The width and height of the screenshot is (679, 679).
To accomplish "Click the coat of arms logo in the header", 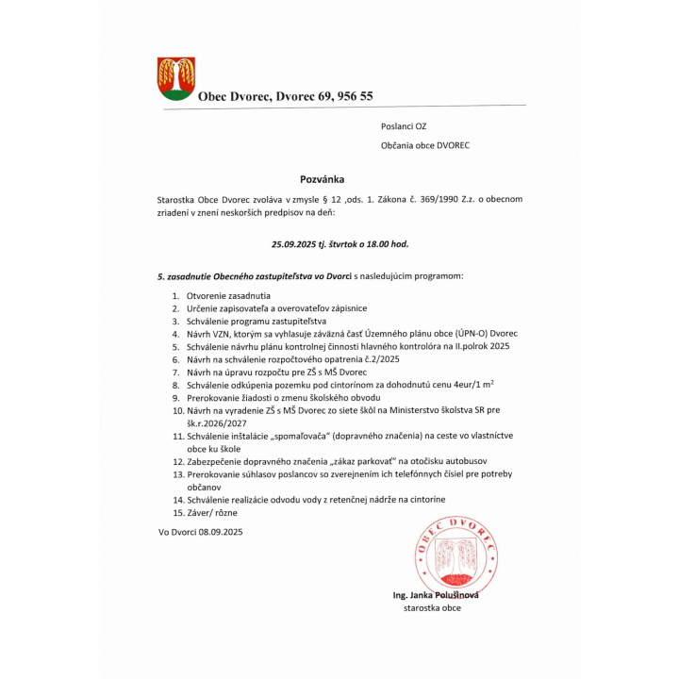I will pos(176,78).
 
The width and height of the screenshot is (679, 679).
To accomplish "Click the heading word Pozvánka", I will pos(323,178).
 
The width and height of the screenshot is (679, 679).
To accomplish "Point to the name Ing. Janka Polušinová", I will pos(436,595).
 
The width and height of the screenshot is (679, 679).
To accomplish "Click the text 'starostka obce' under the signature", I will pos(432,609).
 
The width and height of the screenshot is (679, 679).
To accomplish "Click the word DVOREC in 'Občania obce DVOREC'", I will pos(451,146).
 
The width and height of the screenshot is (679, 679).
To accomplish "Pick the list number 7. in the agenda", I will pos(175,373).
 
